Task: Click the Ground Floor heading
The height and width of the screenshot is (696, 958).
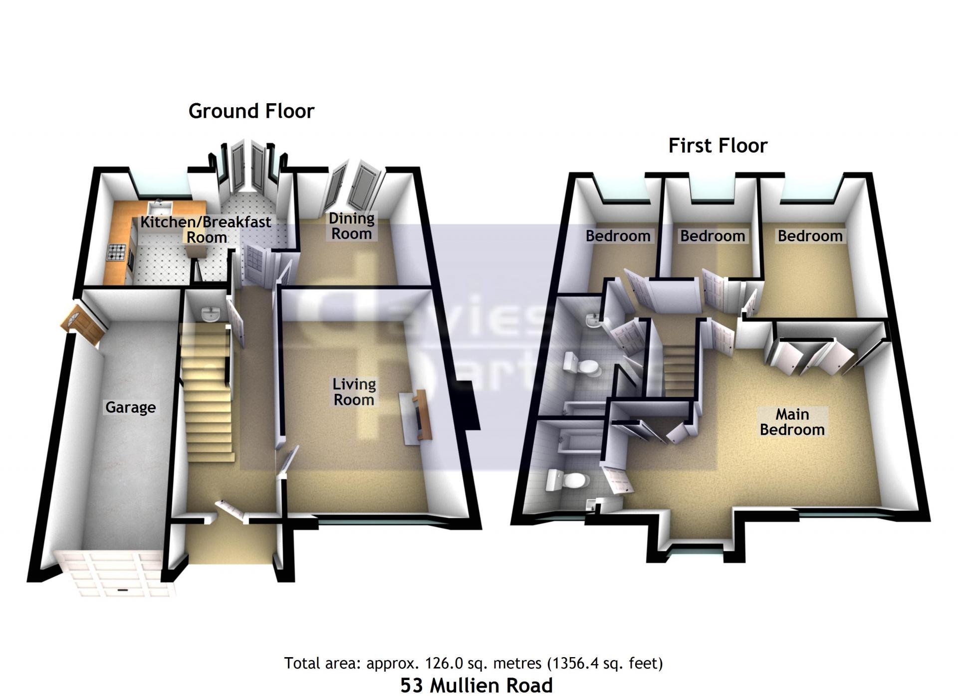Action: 251,111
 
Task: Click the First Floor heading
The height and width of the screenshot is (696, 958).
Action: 718,146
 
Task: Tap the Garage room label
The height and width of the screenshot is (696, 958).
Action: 131,407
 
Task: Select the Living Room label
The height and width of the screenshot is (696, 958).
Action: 354,392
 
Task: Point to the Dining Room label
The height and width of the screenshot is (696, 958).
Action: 352,226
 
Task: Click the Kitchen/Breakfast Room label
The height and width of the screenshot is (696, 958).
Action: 206,229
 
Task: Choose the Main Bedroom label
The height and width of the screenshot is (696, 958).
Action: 792,422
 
